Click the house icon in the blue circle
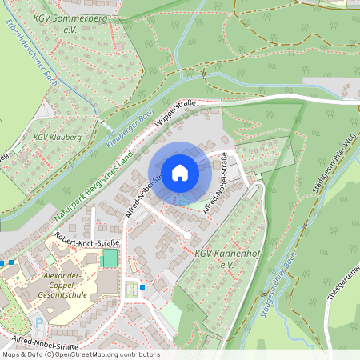179,172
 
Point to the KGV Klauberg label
50,138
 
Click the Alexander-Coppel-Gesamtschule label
63,285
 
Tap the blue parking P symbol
39,323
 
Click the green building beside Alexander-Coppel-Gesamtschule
110,258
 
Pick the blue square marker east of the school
142,287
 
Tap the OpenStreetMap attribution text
80,354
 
